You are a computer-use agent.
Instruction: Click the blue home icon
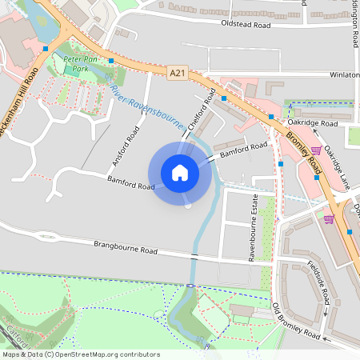[x=179, y=173]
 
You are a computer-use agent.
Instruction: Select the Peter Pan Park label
[x=80, y=65]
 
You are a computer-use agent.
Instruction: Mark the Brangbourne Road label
[x=125, y=247]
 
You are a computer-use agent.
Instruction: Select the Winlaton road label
[x=344, y=75]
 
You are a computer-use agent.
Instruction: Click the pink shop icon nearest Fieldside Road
[x=329, y=218]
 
